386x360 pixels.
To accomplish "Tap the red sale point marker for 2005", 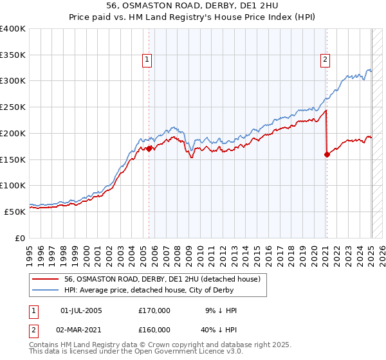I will coord(149,148).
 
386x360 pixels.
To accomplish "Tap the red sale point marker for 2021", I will coord(327,154).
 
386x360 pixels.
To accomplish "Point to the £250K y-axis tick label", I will coord(13,107).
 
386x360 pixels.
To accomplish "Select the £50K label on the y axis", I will coord(15,212).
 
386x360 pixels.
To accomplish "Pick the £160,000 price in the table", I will coord(154,330).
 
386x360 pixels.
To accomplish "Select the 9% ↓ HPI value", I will coord(219,310).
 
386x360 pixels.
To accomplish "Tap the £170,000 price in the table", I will coord(154,310).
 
